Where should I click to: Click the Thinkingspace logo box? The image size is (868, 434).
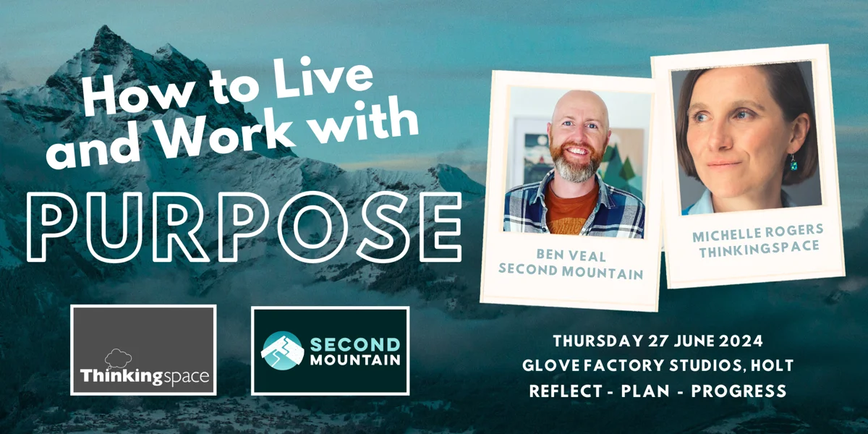(143, 350)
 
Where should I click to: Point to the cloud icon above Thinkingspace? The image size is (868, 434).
(117, 357)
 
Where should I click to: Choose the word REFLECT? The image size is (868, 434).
(564, 391)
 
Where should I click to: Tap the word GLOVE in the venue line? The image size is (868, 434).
(547, 366)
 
